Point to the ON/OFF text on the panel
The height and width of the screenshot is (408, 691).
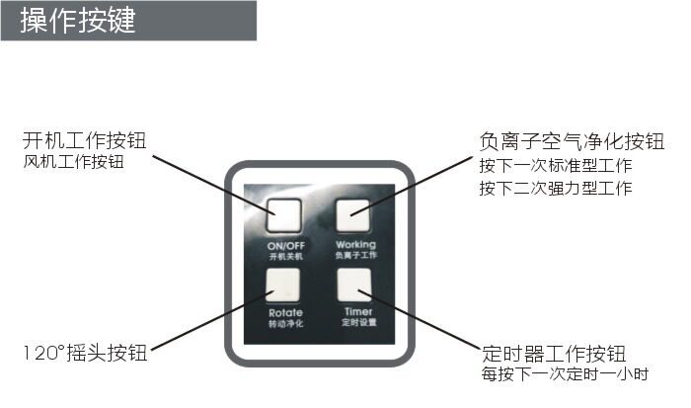click(285, 245)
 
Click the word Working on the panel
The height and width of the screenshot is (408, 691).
click(355, 244)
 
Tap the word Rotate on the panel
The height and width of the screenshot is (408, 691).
click(285, 313)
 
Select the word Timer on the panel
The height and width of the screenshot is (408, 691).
click(356, 312)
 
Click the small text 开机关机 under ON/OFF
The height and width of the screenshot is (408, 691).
click(285, 256)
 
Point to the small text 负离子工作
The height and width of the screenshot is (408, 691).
click(356, 255)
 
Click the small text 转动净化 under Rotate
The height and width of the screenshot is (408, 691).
click(285, 324)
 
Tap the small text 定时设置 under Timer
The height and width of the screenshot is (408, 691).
click(356, 323)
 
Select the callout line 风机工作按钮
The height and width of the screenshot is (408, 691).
click(73, 161)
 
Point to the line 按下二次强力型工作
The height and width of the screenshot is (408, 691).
click(555, 188)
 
